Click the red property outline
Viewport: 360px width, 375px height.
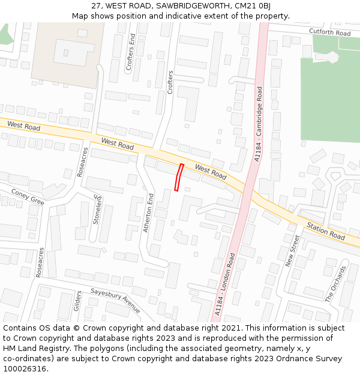coord(178,177)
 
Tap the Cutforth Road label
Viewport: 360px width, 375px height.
coord(329,32)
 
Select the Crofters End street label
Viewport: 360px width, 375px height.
coord(131,53)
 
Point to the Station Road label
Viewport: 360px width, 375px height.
coord(325,232)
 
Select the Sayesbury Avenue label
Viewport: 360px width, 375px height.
coord(115,300)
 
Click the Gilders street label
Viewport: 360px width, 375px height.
coord(77,301)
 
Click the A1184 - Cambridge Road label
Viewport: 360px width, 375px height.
coord(259,124)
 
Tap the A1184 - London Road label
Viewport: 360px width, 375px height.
coord(225,284)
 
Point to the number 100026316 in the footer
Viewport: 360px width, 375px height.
coord(23,369)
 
